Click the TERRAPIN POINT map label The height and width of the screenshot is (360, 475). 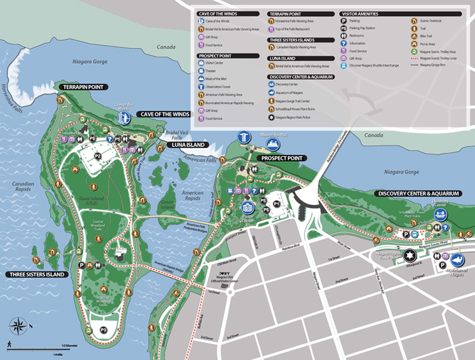(x=82, y=88)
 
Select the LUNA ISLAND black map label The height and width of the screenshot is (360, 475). (x=187, y=145)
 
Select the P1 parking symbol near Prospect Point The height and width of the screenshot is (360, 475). (x=277, y=203)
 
